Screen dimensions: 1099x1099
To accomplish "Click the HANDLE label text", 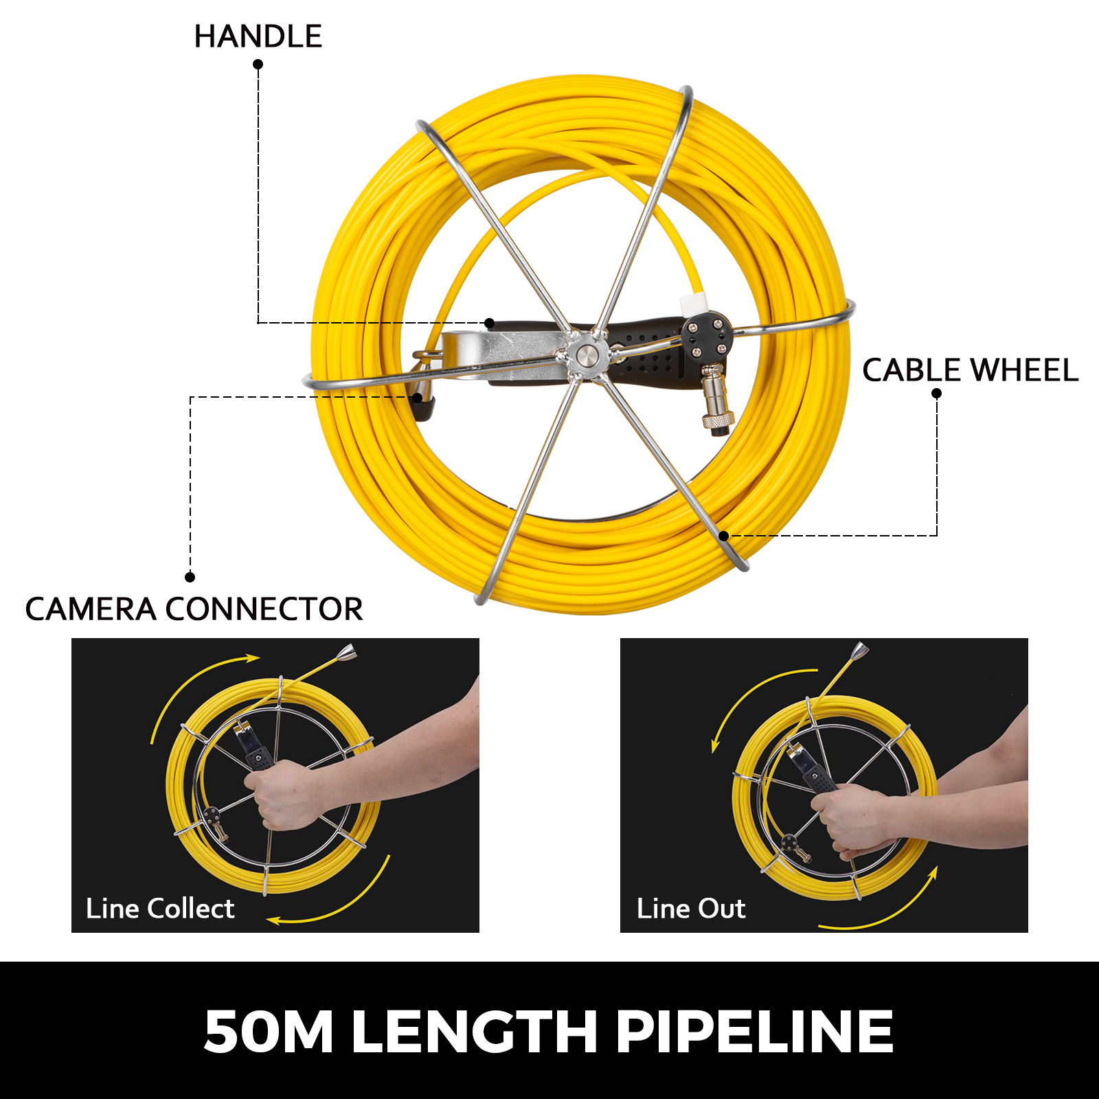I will tap(258, 36).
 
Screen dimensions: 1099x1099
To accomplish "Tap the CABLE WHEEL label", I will tap(969, 371).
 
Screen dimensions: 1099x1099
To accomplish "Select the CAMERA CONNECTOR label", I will tap(194, 609).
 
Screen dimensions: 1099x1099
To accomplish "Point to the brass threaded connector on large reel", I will tap(715, 405).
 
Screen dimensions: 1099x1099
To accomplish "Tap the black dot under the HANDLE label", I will tap(258, 65).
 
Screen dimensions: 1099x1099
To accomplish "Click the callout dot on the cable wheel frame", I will tap(723, 536).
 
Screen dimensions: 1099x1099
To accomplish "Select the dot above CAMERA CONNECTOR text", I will tap(190, 577).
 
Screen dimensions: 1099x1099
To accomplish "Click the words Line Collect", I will tap(160, 909).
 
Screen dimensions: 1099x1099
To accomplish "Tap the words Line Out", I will tap(690, 909).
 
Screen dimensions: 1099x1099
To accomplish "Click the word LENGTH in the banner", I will tap(474, 1031).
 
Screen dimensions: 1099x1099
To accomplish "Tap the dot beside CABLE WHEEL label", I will tap(936, 394).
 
